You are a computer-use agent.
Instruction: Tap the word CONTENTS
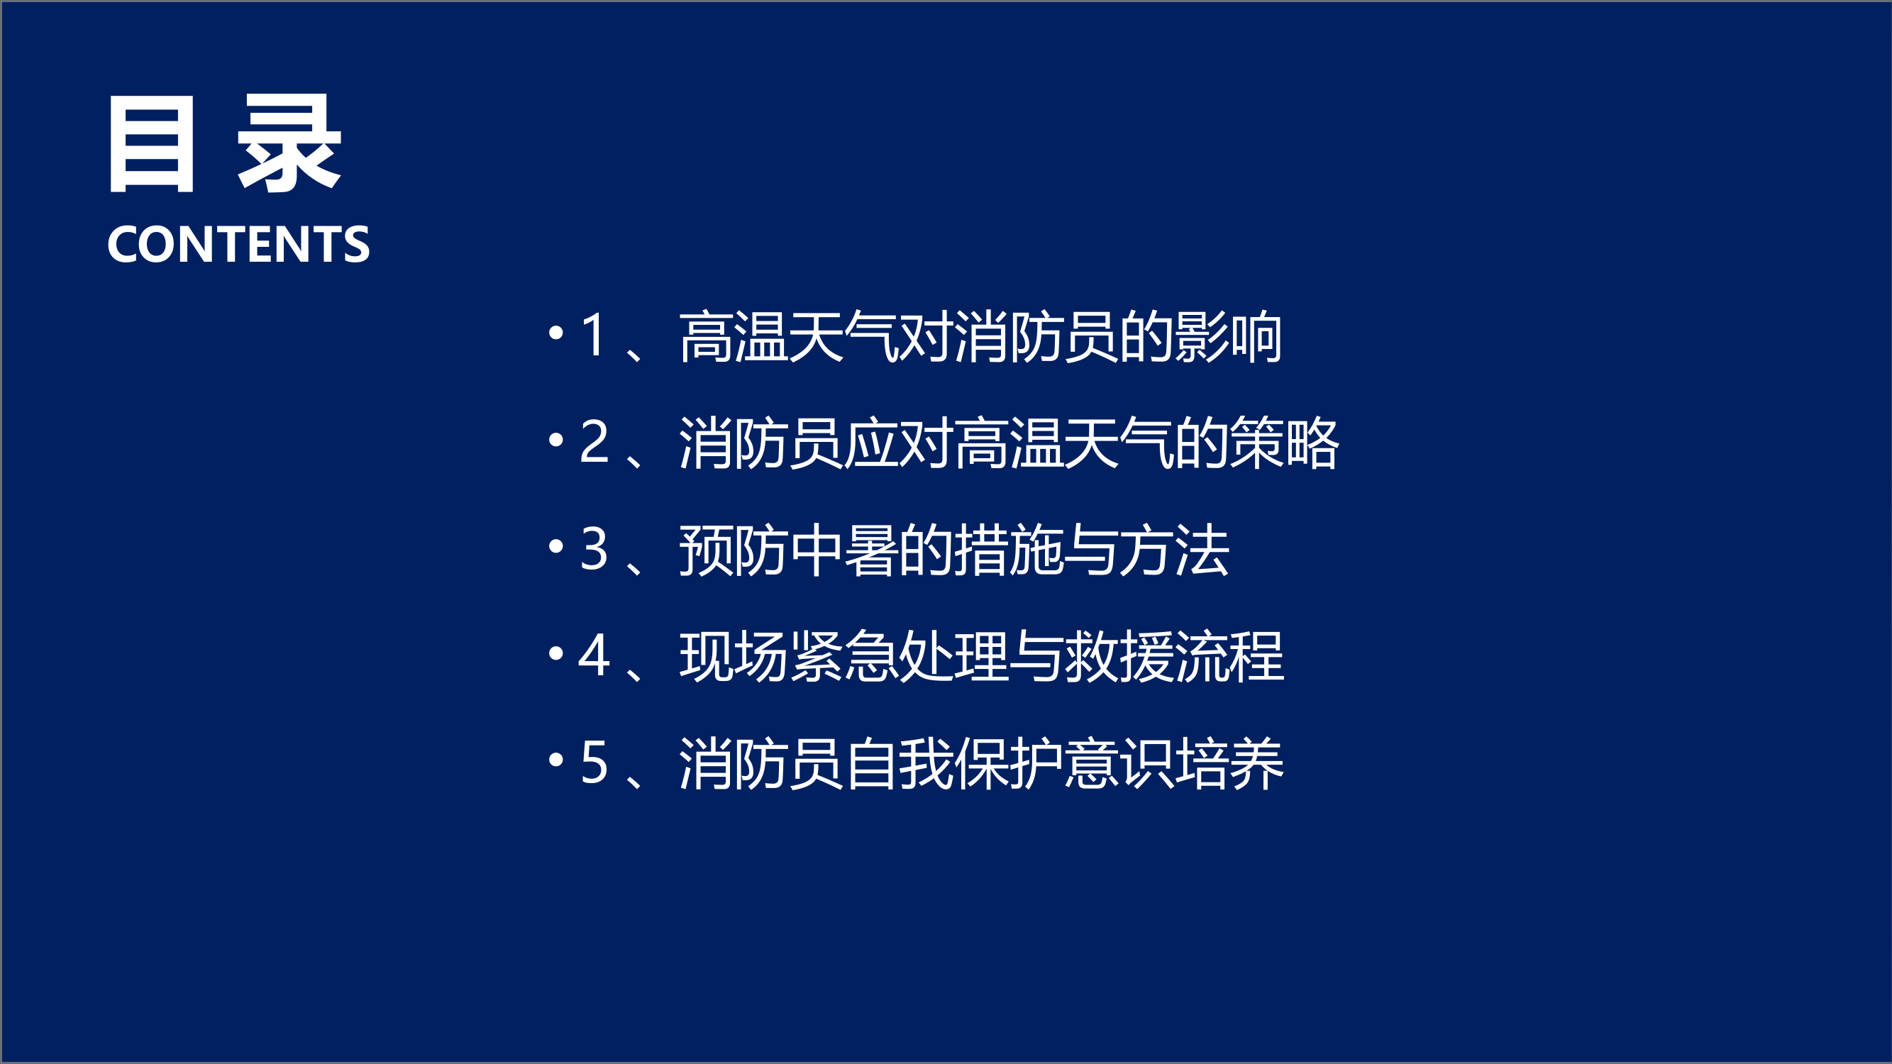point(238,245)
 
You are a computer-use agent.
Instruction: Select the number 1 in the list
point(594,336)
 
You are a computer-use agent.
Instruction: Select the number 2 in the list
point(594,442)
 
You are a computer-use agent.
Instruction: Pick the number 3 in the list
point(594,549)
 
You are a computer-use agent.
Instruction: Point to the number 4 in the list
point(594,655)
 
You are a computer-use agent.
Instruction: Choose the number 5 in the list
point(594,763)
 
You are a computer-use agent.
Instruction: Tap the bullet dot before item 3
point(556,546)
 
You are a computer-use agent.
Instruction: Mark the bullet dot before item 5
point(556,759)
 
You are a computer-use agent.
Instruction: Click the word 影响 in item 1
point(1228,337)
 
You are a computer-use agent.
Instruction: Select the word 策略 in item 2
point(1284,443)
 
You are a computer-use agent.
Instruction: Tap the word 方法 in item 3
point(1173,550)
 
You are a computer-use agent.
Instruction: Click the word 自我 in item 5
point(898,764)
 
